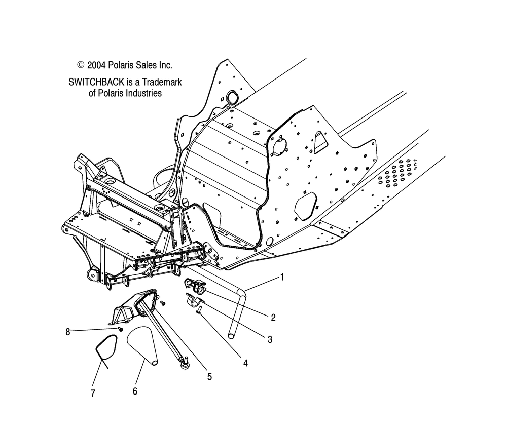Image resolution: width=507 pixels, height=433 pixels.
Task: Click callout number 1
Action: click(282, 277)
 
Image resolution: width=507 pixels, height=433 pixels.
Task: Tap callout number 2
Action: click(273, 318)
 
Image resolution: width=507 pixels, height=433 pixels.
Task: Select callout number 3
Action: click(270, 339)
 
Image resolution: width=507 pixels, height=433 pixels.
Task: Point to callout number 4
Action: click(245, 363)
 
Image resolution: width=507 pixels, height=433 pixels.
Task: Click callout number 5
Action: click(209, 376)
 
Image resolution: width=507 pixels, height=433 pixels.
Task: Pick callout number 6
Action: click(135, 391)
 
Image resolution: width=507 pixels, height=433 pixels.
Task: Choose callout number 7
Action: click(93, 393)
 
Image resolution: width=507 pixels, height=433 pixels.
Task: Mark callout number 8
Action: click(67, 332)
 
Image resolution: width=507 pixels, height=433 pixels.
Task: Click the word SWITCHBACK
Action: click(96, 82)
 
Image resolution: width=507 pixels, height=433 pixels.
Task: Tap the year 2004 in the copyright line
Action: click(96, 65)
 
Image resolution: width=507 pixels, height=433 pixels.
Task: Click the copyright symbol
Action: click(81, 65)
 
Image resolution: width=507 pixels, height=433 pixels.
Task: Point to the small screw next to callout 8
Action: click(120, 329)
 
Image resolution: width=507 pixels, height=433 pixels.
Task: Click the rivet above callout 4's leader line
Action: click(199, 310)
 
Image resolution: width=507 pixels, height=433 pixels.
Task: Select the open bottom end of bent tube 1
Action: click(231, 336)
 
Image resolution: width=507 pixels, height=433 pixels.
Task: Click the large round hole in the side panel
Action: click(280, 147)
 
